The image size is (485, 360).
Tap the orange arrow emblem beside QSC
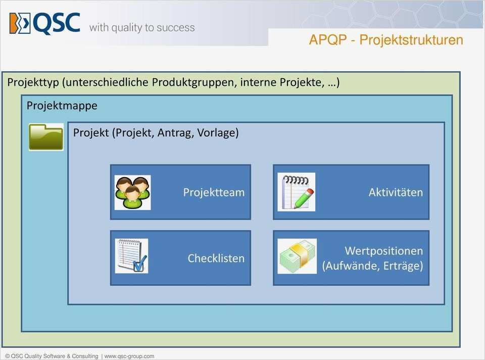tap(20, 24)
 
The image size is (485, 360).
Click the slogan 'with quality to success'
tap(142, 28)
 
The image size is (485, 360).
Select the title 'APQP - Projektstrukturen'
tap(386, 40)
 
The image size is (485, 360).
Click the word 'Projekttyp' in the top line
tap(33, 82)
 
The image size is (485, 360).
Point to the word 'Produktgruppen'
tap(194, 82)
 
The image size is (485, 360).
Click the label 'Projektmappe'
tap(62, 106)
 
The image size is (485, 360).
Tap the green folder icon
tap(46, 137)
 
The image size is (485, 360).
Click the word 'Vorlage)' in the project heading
tap(218, 133)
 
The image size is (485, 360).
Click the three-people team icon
tap(132, 192)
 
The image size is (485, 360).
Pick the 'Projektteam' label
tap(214, 192)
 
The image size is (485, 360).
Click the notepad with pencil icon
tap(296, 192)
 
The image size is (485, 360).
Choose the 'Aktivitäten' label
tap(396, 192)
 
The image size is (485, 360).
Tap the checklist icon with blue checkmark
tap(131, 256)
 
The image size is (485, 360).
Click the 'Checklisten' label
tap(216, 258)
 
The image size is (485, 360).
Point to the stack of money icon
tap(297, 256)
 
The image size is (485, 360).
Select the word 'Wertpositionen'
tap(383, 250)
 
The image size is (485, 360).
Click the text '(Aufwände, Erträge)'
tap(372, 266)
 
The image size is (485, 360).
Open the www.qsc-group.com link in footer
tap(129, 356)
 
